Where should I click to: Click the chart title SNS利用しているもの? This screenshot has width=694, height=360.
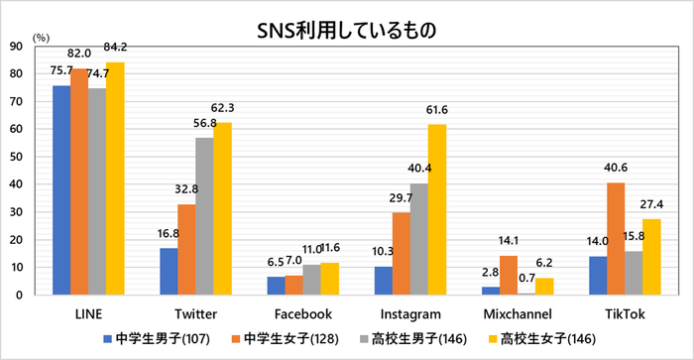347,30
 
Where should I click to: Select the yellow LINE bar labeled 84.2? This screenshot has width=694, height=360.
115,179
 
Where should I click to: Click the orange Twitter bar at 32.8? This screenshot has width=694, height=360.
186,249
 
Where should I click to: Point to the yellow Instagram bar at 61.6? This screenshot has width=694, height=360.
436,209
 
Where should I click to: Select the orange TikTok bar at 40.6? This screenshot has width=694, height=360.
615,238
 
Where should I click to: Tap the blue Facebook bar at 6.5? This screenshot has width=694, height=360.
276,286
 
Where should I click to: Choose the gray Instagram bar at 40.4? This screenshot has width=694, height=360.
418,239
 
